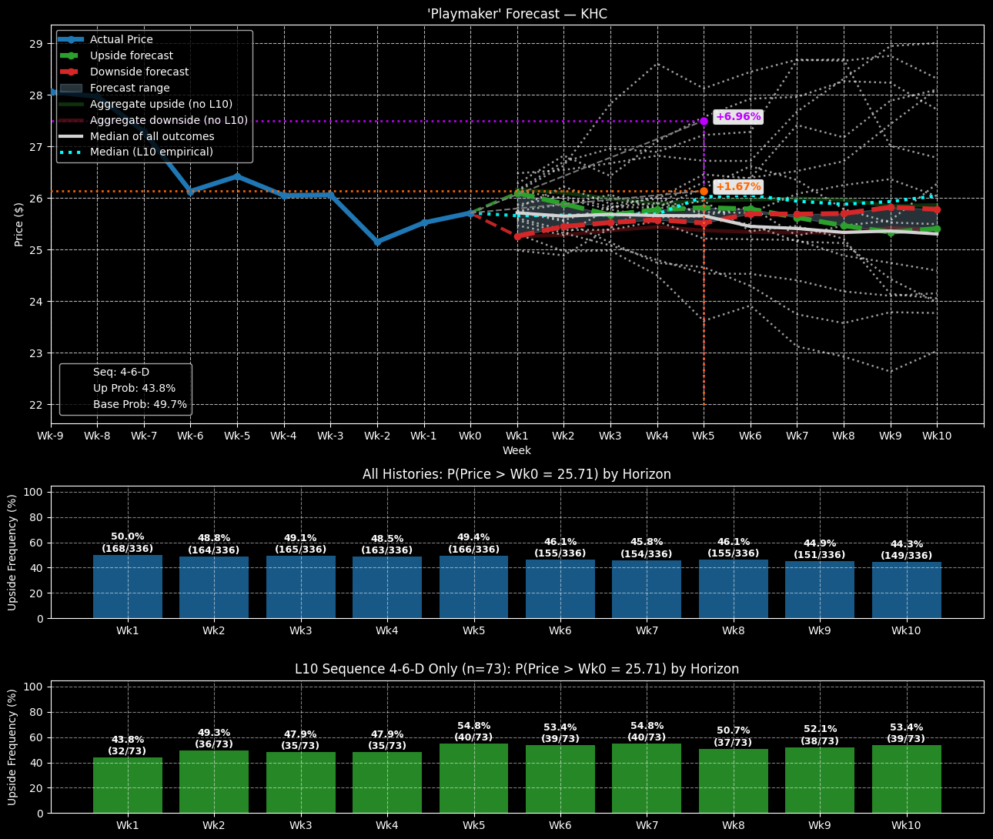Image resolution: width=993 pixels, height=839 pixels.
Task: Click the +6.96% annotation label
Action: pos(738,117)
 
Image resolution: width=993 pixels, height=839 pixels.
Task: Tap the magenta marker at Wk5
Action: pos(704,121)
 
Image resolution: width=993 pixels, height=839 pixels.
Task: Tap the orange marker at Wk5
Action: pos(704,191)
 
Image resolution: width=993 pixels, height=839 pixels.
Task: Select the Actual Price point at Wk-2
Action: pos(377,242)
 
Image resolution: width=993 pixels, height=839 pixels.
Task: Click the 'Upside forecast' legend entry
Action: pos(131,55)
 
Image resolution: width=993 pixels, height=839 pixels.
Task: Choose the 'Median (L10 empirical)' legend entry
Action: pos(151,152)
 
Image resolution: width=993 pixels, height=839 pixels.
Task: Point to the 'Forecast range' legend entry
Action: pos(129,88)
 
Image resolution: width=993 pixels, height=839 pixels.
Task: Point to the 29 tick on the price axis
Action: pos(36,44)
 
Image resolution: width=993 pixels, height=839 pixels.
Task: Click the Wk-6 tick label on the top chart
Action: pos(191,436)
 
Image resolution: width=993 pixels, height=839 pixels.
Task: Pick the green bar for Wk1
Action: pos(128,785)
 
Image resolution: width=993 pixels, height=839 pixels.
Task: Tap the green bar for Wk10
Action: pos(906,779)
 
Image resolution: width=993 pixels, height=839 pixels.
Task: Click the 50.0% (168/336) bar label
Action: pos(128,543)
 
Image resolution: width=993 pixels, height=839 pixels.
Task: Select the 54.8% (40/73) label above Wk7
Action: pos(647,731)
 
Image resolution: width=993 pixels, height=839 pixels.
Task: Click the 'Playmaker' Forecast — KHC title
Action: pos(517,14)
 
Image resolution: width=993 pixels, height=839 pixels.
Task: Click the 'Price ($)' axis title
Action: pos(19,224)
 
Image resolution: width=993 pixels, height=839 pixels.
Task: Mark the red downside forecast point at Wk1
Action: pos(517,236)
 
